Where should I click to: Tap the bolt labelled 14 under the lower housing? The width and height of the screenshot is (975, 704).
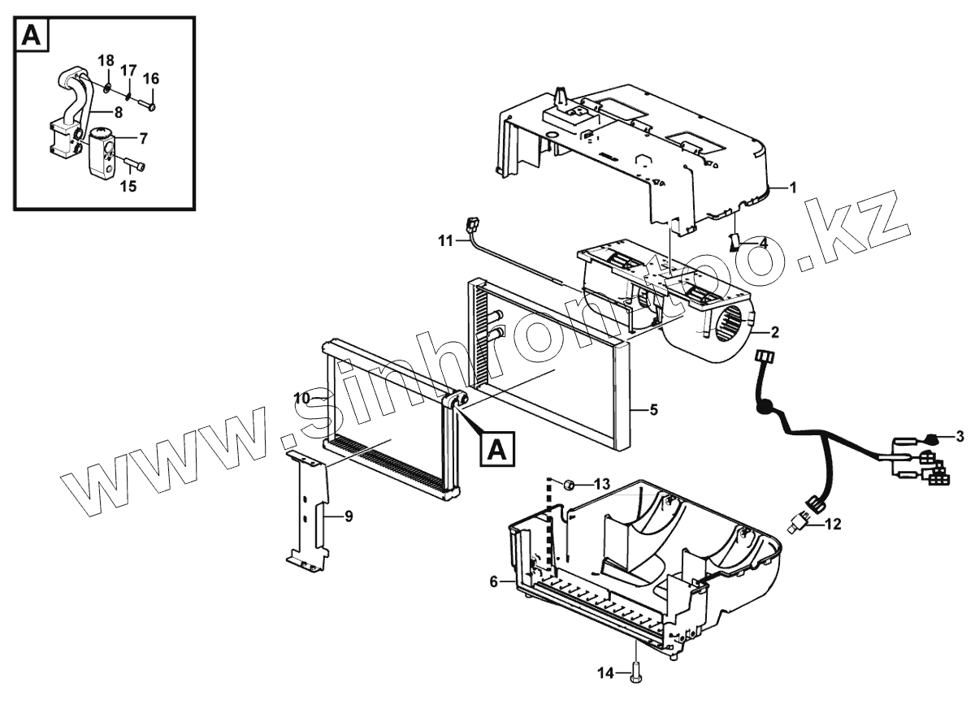pos(635,671)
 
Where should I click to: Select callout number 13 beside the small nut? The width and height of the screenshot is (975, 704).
pos(601,484)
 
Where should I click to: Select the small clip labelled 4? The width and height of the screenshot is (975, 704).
pos(736,242)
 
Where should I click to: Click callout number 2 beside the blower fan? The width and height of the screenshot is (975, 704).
pos(774,332)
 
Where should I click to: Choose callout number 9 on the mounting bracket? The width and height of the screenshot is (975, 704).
pos(348,516)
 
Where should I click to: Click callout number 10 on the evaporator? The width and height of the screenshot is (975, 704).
pos(302,398)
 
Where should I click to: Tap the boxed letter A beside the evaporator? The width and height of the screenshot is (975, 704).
pos(499,447)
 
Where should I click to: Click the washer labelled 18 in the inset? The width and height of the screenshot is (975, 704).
pos(109,85)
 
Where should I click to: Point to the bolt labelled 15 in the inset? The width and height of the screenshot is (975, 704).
pos(136,166)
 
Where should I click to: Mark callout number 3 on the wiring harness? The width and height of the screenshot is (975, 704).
pos(960,437)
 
